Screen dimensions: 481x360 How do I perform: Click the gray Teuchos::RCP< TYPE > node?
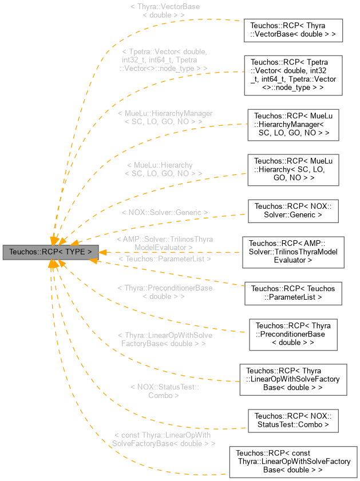coord(51,252)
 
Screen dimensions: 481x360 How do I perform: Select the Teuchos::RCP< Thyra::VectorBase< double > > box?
coord(292,30)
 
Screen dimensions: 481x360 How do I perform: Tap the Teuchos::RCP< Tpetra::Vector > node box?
coord(292,75)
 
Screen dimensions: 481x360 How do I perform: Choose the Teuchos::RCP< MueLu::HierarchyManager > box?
coord(292,124)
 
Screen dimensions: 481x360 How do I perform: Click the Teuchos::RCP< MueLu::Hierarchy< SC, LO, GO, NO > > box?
coord(292,170)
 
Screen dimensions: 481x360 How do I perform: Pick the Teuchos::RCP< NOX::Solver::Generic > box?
coord(292,210)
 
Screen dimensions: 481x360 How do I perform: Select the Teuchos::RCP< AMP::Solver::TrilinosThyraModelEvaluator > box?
coord(292,252)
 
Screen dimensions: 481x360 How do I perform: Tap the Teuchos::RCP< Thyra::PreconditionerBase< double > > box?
coord(292,334)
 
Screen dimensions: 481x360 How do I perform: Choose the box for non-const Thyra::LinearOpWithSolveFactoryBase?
coord(292,379)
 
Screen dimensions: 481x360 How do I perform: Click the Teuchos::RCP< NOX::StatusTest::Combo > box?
coord(292,420)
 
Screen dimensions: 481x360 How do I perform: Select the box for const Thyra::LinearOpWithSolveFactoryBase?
coord(292,461)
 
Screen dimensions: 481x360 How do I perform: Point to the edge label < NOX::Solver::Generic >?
coord(164,212)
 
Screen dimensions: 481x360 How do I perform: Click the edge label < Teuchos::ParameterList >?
coord(164,259)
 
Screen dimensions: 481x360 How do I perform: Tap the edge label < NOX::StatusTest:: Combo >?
coord(164,391)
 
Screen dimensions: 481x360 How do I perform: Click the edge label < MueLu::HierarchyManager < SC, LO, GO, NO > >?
coord(164,117)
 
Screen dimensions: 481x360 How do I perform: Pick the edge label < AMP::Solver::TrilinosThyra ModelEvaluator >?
coord(164,243)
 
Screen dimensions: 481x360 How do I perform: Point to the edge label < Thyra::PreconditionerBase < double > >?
coord(164,292)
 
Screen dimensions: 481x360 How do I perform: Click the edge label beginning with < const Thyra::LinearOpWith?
coord(164,439)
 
